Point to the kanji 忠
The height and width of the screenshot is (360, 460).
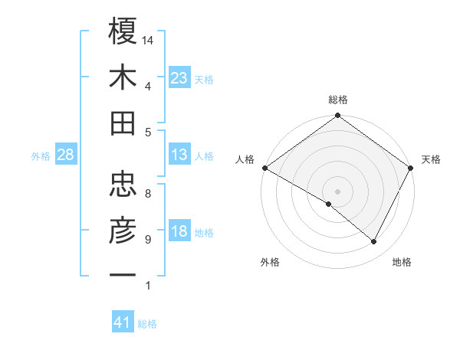point(123,183)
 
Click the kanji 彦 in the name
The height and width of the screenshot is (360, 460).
point(123,229)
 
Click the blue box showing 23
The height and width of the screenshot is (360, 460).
point(179,77)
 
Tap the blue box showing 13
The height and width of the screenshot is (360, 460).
point(179,155)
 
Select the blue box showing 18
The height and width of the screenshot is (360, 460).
point(179,232)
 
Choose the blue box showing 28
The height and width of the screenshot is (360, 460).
point(66,155)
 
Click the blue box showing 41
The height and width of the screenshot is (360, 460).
point(123,322)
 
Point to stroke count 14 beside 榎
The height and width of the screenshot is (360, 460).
point(148,40)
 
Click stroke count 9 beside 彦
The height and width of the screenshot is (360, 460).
point(148,239)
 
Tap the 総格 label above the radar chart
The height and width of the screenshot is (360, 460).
point(337,100)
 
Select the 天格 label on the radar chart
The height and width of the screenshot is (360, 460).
point(431,159)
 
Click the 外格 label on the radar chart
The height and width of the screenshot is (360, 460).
point(270,263)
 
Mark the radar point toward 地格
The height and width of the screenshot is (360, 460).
point(374,242)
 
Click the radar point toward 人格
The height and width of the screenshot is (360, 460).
point(264,168)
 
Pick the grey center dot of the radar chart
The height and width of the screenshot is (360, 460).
point(337,191)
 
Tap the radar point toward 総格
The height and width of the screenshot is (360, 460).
point(337,116)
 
